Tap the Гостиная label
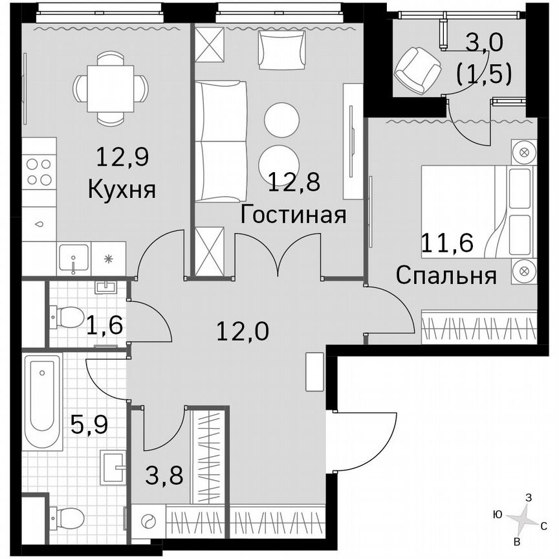tap(292, 214)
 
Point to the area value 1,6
tap(105, 323)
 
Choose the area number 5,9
tap(88, 426)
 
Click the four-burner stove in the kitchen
tap(39, 171)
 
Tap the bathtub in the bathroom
tap(43, 401)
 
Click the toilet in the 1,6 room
tap(67, 318)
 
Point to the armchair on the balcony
tap(417, 69)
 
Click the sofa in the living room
tap(221, 141)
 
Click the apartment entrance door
tap(362, 440)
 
